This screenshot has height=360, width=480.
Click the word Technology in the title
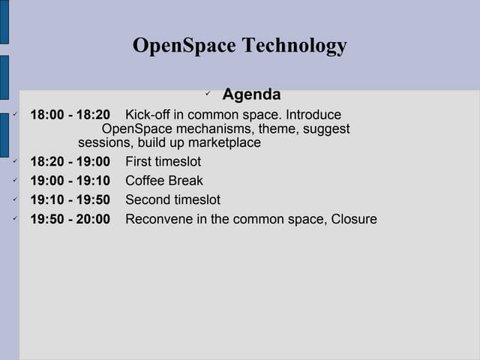(x=295, y=46)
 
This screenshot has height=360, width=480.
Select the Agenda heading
(x=251, y=95)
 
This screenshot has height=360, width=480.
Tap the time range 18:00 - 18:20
(x=70, y=115)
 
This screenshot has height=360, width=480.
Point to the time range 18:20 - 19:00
(x=70, y=161)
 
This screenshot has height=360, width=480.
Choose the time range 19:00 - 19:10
(x=70, y=181)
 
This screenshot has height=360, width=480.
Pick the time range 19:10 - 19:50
(x=70, y=200)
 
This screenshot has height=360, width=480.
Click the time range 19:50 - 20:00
(x=70, y=220)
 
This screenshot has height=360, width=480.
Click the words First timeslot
(x=163, y=161)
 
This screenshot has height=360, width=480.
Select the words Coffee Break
(x=164, y=181)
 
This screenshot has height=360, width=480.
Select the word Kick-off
(x=148, y=115)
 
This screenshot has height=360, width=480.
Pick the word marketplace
(x=224, y=142)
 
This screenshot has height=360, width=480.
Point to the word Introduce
(x=313, y=115)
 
